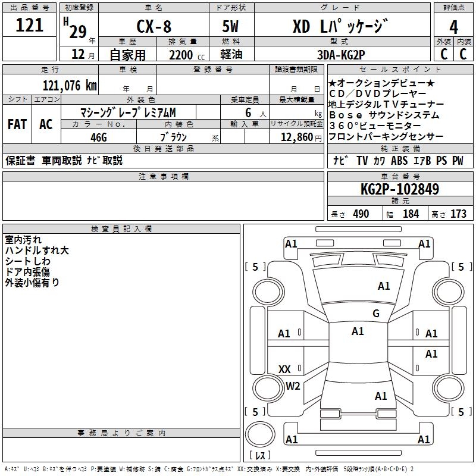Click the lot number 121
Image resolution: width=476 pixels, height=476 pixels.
(30, 25)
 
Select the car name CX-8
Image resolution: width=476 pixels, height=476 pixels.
(154, 26)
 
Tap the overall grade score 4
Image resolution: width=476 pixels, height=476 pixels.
(454, 27)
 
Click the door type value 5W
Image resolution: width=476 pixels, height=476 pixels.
(231, 26)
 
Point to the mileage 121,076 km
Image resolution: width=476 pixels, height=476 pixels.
(70, 86)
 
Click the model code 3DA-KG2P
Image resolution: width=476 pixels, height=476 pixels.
(340, 55)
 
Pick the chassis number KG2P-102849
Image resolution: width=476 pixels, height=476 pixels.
(400, 190)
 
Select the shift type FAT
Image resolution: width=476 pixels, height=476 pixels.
(17, 124)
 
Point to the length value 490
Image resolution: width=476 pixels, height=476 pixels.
(361, 214)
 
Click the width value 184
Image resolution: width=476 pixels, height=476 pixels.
(411, 214)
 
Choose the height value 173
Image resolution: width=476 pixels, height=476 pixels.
(458, 214)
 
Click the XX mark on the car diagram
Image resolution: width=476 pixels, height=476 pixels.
(284, 369)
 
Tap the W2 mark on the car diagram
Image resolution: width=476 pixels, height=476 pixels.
(293, 386)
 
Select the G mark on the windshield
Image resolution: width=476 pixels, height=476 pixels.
(375, 314)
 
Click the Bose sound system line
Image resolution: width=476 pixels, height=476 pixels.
(384, 115)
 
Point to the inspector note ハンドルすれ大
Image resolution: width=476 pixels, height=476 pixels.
(37, 250)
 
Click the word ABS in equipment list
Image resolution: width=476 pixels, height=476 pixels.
(400, 161)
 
